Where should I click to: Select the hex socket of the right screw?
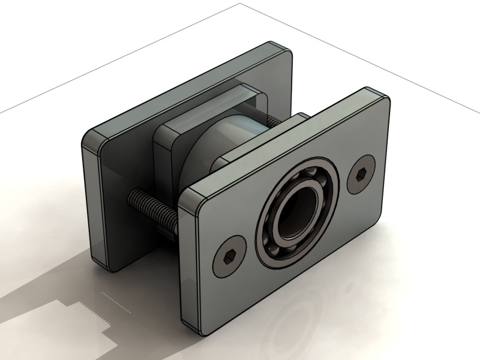click(x=361, y=174)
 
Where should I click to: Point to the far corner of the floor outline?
click(x=240, y=4)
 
